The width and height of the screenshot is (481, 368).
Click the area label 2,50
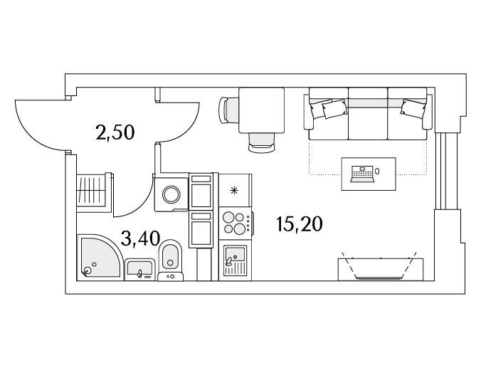pyautogui.click(x=115, y=133)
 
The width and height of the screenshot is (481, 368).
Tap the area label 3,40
pyautogui.click(x=140, y=238)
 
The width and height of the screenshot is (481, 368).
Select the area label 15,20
pyautogui.click(x=299, y=224)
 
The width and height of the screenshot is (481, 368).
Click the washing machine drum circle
pyautogui.click(x=171, y=194)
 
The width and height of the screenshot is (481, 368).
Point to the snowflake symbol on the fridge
pyautogui.click(x=234, y=191)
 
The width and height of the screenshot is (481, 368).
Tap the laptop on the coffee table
pyautogui.click(x=362, y=174)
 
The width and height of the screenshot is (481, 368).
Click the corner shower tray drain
pyautogui.click(x=87, y=270)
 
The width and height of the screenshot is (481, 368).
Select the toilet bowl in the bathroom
pyautogui.click(x=170, y=256)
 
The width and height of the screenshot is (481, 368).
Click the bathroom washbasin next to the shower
pyautogui.click(x=139, y=269)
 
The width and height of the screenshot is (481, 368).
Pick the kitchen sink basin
pyautogui.click(x=235, y=254)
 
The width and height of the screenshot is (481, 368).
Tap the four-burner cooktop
pyautogui.click(x=236, y=223)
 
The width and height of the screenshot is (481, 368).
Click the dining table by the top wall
pyautogui.click(x=261, y=110)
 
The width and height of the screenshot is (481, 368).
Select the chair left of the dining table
pyautogui.click(x=229, y=110)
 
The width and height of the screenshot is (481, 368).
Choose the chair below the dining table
pyautogui.click(x=261, y=143)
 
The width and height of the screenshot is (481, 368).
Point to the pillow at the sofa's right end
pyautogui.click(x=413, y=108)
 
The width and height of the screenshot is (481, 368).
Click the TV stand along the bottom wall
pyautogui.click(x=381, y=270)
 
